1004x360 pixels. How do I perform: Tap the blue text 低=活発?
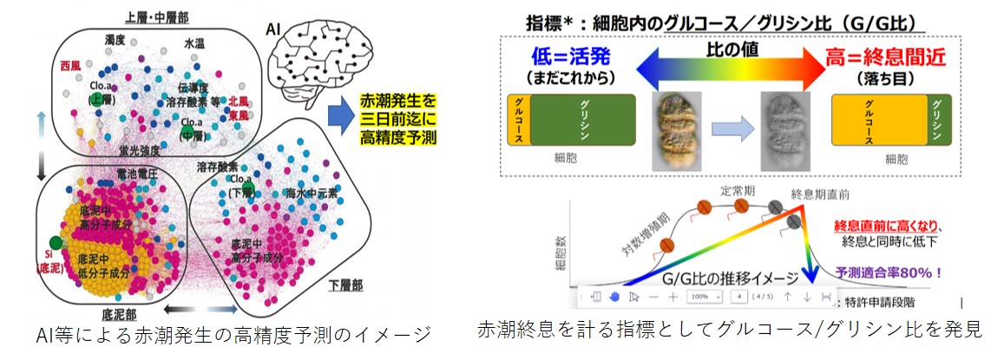point(571,59)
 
